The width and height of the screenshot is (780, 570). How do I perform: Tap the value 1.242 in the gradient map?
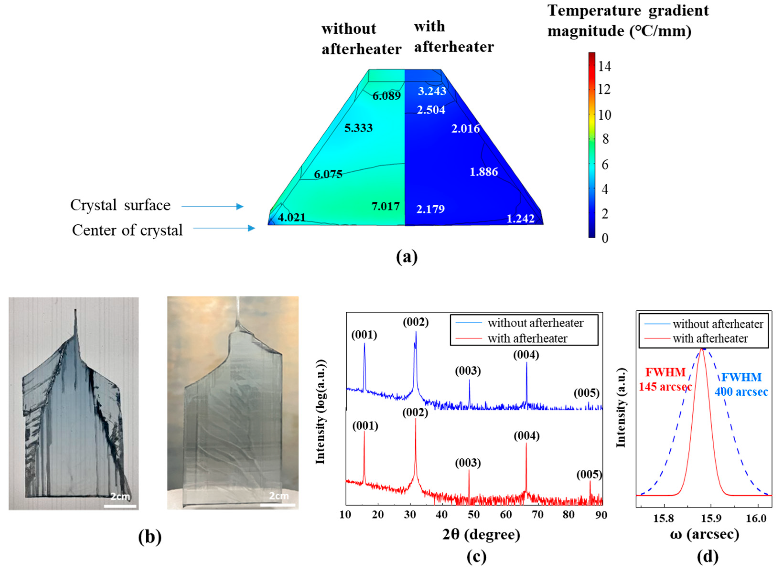coord(520,218)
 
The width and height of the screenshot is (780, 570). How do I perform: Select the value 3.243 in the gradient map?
coord(432,91)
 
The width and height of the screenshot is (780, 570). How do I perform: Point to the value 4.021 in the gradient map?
coord(292,217)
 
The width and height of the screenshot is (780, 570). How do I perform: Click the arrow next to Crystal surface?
coord(212,206)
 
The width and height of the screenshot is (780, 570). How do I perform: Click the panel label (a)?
coord(406,257)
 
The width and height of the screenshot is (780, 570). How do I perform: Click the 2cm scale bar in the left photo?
coord(120,506)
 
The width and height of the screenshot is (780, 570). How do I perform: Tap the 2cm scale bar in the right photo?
coord(278,505)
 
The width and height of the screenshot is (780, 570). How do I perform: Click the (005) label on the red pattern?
coord(589,475)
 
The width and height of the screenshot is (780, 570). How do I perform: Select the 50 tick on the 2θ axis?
coord(474,515)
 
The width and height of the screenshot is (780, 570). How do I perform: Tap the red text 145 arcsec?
coord(665,387)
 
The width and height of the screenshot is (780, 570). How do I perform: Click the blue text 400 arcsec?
coord(741,392)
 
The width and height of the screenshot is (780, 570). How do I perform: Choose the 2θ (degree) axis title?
coord(481,534)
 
